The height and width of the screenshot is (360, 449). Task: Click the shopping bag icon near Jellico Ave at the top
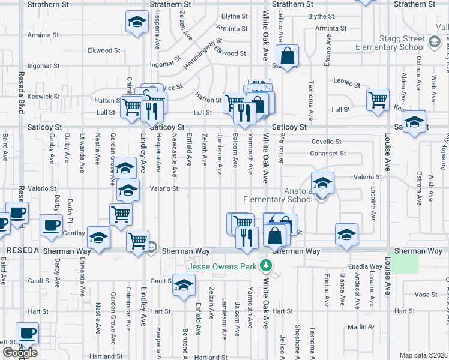tap(288, 56)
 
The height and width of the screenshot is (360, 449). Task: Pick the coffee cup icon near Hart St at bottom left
tap(26, 332)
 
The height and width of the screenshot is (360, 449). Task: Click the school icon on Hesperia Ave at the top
tap(137, 23)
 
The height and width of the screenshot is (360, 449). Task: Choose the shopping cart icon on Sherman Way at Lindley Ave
tap(138, 241)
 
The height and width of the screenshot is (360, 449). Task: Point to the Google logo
tap(20, 353)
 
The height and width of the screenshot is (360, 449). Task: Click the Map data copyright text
tap(424, 355)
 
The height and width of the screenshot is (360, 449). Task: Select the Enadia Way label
tap(368, 266)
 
